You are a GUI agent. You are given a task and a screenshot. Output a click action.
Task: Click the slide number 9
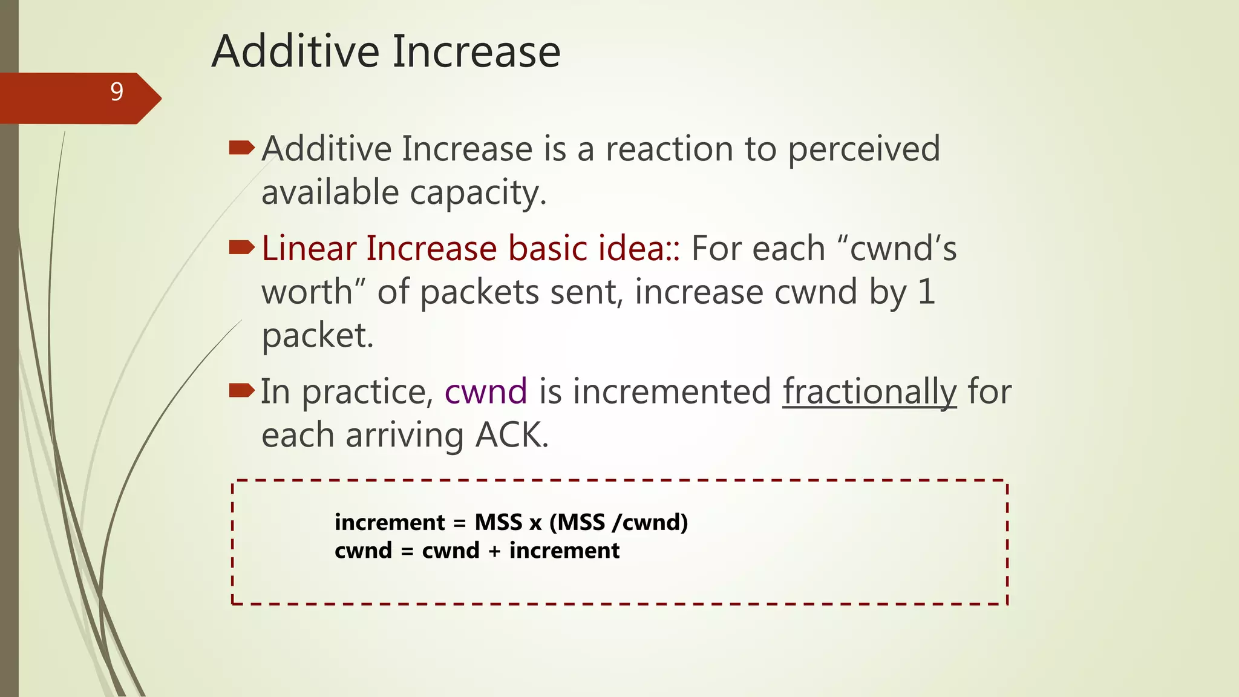(117, 92)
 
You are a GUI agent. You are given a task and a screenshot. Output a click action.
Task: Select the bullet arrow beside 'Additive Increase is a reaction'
(242, 148)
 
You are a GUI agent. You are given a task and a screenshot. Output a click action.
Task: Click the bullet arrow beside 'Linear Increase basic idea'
(242, 247)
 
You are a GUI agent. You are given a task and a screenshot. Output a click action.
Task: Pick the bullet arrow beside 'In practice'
(242, 390)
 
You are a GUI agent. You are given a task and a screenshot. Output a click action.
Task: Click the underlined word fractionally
(869, 391)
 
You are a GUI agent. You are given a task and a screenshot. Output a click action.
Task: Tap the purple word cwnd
(486, 391)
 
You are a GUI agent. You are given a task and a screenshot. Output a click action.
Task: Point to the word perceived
(863, 149)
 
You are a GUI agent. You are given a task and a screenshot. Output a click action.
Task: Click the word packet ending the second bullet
(316, 336)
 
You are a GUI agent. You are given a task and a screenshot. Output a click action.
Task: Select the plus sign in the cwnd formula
(494, 551)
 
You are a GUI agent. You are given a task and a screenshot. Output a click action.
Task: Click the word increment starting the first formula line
(390, 522)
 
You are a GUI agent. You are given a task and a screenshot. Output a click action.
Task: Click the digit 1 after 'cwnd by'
(926, 292)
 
